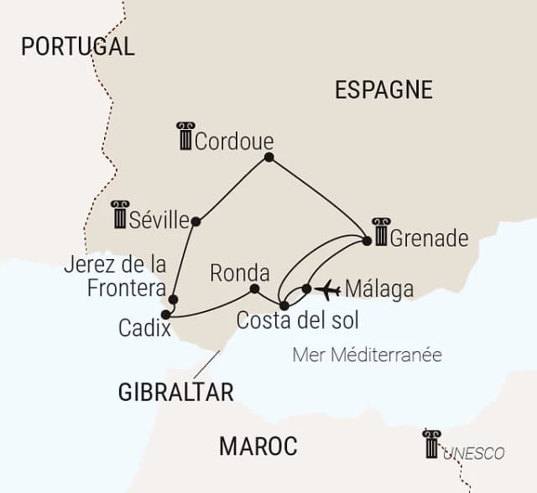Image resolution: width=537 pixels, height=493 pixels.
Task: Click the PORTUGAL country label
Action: click(x=77, y=46)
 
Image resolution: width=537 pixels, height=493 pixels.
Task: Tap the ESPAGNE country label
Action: click(x=383, y=90)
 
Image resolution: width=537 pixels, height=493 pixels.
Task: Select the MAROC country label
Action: click(x=258, y=447)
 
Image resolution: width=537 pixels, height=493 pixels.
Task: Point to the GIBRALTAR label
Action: click(x=175, y=392)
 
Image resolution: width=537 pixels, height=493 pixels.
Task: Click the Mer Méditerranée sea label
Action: click(x=367, y=355)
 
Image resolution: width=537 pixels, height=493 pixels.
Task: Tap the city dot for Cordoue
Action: click(x=268, y=157)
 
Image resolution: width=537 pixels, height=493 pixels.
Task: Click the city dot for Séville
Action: click(x=196, y=221)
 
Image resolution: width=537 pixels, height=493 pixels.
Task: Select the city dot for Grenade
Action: click(x=367, y=241)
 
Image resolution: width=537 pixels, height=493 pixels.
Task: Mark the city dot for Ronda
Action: click(x=254, y=289)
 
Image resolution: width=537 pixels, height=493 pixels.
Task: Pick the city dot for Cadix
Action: click(x=165, y=314)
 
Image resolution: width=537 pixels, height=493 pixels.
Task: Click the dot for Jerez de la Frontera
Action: click(x=173, y=298)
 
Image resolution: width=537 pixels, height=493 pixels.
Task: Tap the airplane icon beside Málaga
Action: click(x=327, y=289)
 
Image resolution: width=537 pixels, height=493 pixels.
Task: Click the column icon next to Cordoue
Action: click(x=185, y=137)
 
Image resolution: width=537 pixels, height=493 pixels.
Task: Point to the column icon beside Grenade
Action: click(x=381, y=232)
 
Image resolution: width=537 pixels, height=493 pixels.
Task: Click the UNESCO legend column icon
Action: click(x=431, y=444)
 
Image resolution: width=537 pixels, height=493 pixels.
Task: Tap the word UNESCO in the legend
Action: click(x=474, y=454)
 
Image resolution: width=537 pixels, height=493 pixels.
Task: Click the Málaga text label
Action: click(x=379, y=289)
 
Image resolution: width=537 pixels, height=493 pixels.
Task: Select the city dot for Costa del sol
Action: click(x=284, y=304)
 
